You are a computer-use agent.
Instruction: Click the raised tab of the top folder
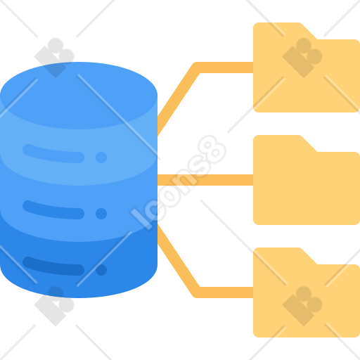pyautogui.click(x=281, y=30)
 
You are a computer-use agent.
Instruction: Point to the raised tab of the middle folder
pyautogui.click(x=281, y=143)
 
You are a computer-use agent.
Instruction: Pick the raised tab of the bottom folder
pyautogui.click(x=281, y=255)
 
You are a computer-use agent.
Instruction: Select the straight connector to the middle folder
pyautogui.click(x=205, y=180)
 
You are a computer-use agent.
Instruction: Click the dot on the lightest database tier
pyautogui.click(x=101, y=157)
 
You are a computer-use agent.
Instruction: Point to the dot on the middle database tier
pyautogui.click(x=101, y=214)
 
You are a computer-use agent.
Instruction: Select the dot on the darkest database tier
pyautogui.click(x=101, y=270)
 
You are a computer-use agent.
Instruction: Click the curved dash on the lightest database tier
pyautogui.click(x=53, y=155)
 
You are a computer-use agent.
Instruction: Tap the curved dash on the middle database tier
pyautogui.click(x=53, y=211)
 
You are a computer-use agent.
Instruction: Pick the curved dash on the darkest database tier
pyautogui.click(x=53, y=267)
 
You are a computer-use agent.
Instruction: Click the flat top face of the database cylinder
pyautogui.click(x=79, y=96)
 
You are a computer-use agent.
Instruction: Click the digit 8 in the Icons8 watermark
pyautogui.click(x=212, y=150)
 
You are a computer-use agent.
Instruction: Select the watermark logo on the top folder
pyautogui.click(x=302, y=58)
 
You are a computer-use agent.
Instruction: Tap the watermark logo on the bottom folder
pyautogui.click(x=302, y=306)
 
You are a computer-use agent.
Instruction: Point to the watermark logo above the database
pyautogui.click(x=54, y=58)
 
